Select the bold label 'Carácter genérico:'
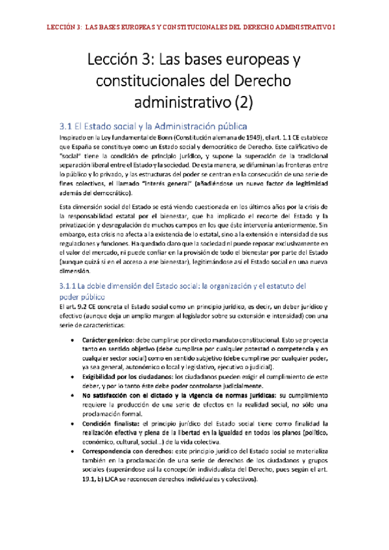coord(112,339)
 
